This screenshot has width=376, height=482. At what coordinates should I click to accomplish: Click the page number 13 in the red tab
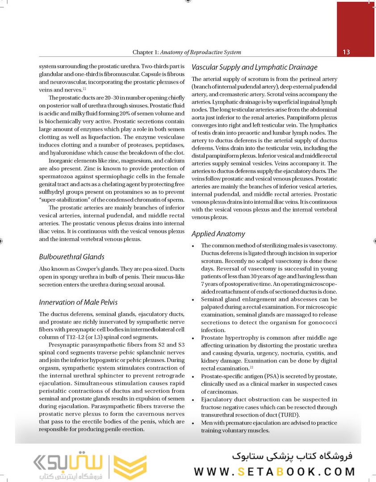(346, 52)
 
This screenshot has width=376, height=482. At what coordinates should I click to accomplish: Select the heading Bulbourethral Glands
(71, 257)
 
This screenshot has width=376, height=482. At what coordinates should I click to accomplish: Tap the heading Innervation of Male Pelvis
(78, 302)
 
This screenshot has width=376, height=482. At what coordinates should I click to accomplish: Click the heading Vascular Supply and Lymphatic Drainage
(255, 67)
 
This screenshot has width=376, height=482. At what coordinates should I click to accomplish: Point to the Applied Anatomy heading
(218, 233)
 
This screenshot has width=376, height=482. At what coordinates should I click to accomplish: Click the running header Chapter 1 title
(187, 52)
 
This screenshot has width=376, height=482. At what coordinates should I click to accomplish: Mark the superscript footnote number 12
(251, 367)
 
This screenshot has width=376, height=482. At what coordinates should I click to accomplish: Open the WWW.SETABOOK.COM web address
(274, 471)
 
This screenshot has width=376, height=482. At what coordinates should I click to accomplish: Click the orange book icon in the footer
(130, 468)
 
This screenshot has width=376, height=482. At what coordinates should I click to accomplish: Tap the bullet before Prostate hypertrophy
(192, 339)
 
